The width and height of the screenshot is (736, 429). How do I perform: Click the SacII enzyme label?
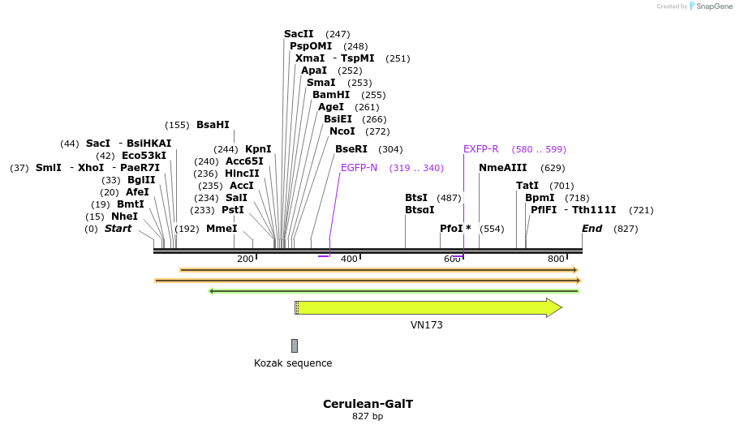(299, 34)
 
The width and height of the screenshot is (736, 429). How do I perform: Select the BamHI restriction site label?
(331, 95)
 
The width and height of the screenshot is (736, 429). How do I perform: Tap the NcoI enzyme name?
(342, 131)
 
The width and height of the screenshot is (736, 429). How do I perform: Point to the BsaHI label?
(213, 125)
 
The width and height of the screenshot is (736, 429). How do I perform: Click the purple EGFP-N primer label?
(359, 168)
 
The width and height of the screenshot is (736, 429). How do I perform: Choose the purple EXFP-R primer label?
(481, 149)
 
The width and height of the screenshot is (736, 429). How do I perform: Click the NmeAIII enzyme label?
(503, 168)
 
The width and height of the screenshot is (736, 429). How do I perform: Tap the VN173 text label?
(427, 325)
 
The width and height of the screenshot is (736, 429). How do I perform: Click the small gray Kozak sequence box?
(295, 345)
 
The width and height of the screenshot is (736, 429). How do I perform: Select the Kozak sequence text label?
(293, 363)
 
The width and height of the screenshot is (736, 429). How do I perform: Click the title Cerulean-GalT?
(368, 404)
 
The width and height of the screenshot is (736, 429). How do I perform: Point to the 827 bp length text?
(368, 417)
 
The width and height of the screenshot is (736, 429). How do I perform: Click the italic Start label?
(118, 229)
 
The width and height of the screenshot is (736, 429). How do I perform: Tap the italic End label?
(592, 229)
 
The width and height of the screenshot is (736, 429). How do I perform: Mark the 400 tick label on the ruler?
(349, 259)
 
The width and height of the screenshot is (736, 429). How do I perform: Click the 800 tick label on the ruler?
(556, 259)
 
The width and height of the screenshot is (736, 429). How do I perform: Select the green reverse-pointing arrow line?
(394, 290)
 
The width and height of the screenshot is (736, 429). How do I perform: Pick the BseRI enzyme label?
(351, 149)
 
